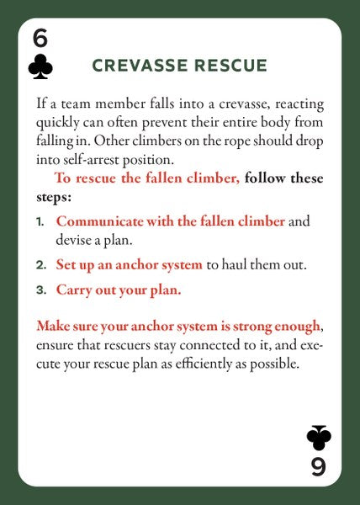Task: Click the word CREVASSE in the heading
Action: [x=140, y=66]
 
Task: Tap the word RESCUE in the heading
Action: [x=230, y=66]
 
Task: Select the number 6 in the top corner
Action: [x=40, y=39]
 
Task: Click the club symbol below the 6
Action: [x=40, y=66]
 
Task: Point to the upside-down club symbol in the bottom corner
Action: [x=319, y=438]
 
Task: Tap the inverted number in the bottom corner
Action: [x=319, y=466]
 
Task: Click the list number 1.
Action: [x=40, y=222]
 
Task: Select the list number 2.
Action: [x=41, y=265]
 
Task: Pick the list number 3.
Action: [x=41, y=290]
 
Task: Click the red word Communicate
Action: [x=99, y=221]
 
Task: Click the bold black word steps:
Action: [x=54, y=197]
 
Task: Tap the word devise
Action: [x=72, y=240]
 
